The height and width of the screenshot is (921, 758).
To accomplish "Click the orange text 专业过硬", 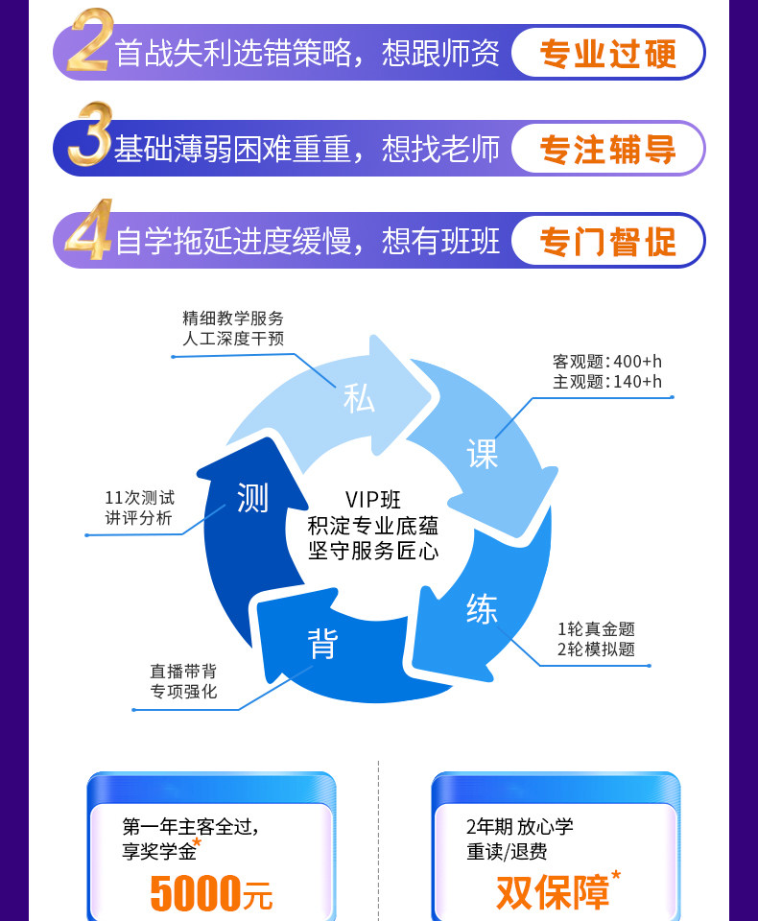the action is pyautogui.click(x=607, y=53).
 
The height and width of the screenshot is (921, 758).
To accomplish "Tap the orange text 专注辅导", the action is pyautogui.click(x=607, y=149).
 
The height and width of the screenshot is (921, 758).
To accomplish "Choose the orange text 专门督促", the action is pyautogui.click(x=607, y=241).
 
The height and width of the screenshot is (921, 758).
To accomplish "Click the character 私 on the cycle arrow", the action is pyautogui.click(x=359, y=397).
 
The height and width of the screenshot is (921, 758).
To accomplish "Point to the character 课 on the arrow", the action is pyautogui.click(x=483, y=453).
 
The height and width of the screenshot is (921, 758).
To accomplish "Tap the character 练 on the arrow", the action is pyautogui.click(x=482, y=608).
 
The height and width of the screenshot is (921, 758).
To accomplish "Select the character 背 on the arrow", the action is pyautogui.click(x=323, y=644).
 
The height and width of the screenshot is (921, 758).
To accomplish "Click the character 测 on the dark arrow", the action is pyautogui.click(x=252, y=498).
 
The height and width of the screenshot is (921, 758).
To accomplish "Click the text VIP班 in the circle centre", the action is pyautogui.click(x=373, y=500).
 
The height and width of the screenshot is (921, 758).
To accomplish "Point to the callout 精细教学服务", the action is pyautogui.click(x=233, y=319).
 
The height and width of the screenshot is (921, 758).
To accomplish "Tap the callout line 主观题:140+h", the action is pyautogui.click(x=607, y=382).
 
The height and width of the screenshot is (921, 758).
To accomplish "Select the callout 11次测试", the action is pyautogui.click(x=139, y=498).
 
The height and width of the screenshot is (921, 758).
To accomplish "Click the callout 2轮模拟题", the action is pyautogui.click(x=596, y=649).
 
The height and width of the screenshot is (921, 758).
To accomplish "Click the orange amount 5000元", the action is pyautogui.click(x=211, y=893).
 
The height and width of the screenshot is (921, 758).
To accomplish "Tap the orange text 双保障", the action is pyautogui.click(x=553, y=891).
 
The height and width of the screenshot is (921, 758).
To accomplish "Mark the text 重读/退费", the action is pyautogui.click(x=507, y=851).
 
